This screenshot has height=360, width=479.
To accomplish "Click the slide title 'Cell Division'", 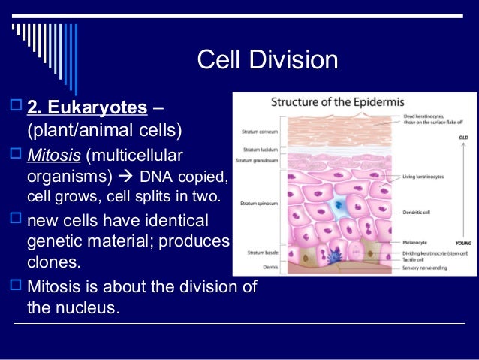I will pos(267,59).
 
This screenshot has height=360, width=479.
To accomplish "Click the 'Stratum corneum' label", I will pos(257,131).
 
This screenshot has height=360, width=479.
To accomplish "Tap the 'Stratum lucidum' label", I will pos(257,151).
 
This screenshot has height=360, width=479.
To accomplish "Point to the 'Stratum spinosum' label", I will pos(256,204).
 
